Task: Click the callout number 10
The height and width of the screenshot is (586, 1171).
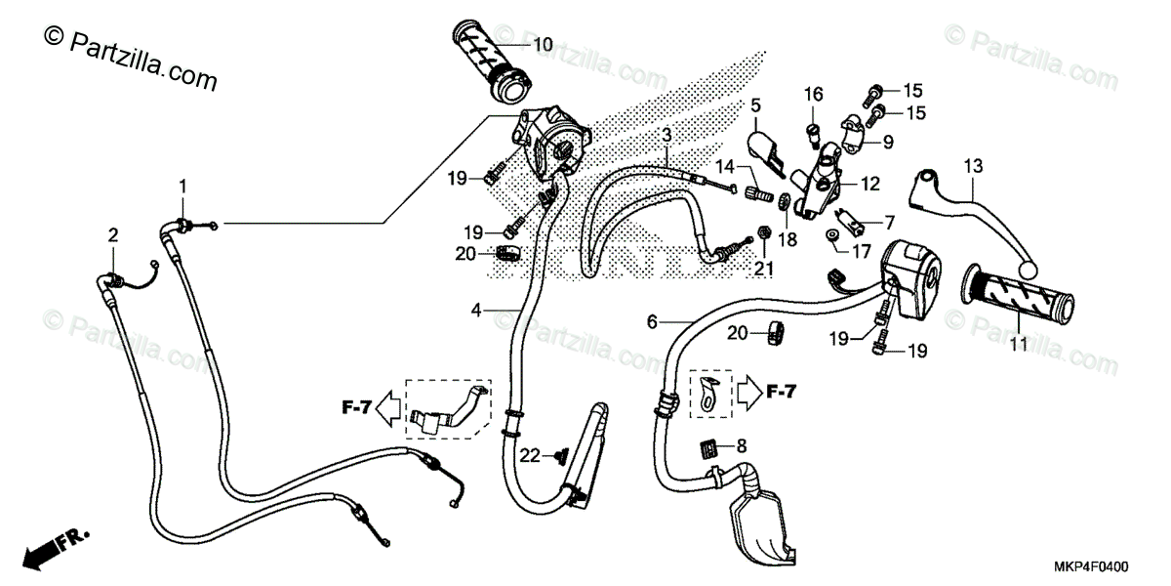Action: click(543, 44)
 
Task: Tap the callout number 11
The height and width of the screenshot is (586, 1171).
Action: click(1019, 345)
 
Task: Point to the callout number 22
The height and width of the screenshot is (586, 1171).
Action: click(529, 454)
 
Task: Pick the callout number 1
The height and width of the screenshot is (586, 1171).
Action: click(182, 186)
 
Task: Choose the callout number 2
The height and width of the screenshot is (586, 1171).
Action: click(113, 235)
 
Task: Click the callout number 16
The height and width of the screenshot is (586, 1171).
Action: click(814, 94)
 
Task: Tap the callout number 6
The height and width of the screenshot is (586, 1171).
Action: click(653, 321)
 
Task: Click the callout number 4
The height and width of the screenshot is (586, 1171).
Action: click(477, 311)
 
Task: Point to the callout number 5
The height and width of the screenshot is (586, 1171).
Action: click(756, 105)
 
